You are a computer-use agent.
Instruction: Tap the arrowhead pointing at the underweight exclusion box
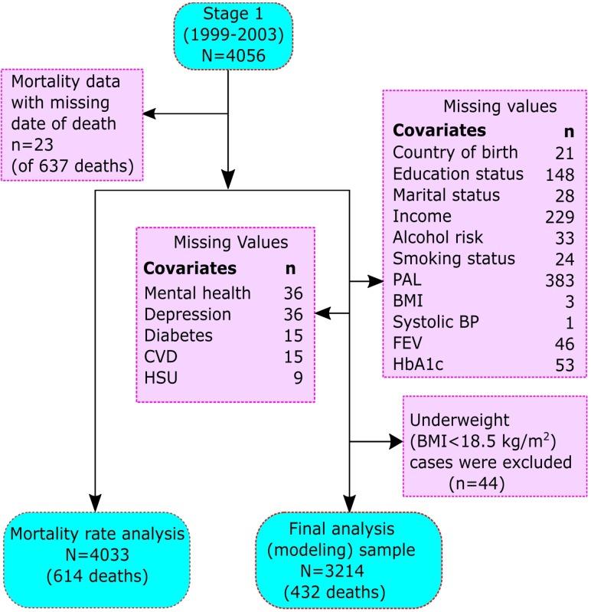click(395, 442)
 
